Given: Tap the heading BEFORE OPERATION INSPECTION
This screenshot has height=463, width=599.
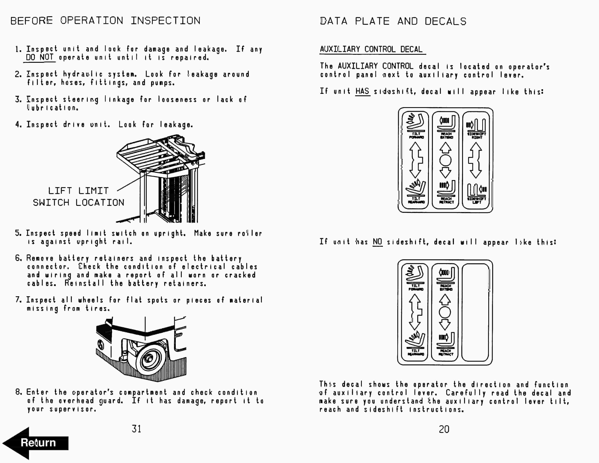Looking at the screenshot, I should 105,21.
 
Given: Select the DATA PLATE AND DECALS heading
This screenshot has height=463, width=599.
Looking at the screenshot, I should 393,21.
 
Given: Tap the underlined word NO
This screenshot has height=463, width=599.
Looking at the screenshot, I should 377,242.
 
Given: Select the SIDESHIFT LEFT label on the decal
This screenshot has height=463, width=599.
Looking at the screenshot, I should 477,200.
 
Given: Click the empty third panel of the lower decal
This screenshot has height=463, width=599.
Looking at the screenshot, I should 475,312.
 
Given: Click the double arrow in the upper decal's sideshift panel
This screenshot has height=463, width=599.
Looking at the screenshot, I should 476,160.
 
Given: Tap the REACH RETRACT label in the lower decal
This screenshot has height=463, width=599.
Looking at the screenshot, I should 446,353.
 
